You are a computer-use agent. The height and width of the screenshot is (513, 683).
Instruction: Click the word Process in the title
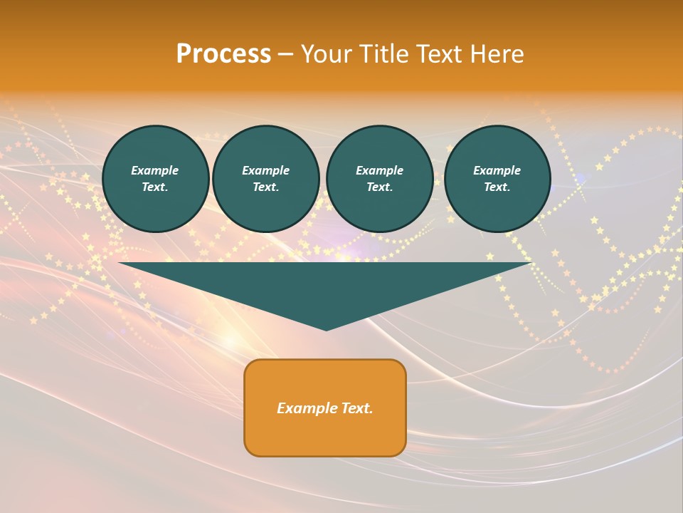coord(223,54)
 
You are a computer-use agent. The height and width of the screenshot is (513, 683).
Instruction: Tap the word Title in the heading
coord(383,54)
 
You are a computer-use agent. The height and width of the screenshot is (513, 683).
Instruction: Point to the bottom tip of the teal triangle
coord(326,328)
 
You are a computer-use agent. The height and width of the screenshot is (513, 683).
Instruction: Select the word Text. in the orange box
coord(356,408)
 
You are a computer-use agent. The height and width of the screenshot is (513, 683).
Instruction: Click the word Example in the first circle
coord(155,170)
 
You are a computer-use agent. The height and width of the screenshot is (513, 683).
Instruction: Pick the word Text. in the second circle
coord(266,187)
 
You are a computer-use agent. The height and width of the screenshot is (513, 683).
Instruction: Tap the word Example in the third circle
coord(380,170)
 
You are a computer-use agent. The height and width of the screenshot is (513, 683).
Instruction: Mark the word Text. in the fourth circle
coord(497,187)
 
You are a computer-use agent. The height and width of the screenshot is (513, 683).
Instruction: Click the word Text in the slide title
coord(439,54)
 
